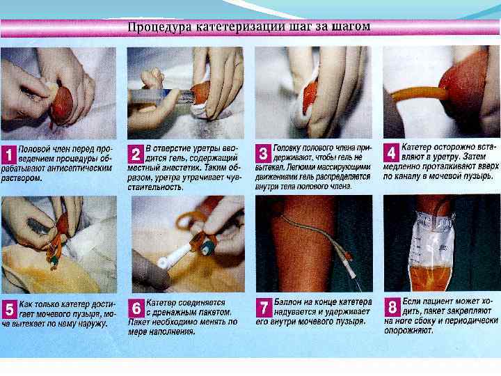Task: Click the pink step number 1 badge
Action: [x=9, y=155]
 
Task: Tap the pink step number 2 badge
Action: [x=136, y=155]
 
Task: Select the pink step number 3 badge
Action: [x=263, y=153]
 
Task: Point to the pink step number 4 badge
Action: [x=391, y=152]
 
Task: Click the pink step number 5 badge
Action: [x=10, y=309]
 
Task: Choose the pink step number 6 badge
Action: [x=136, y=308]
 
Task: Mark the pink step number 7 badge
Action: [x=264, y=308]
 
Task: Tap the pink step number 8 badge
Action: [x=392, y=307]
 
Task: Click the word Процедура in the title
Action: [x=159, y=27]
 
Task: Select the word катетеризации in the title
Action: [x=240, y=26]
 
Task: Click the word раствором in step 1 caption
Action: [x=22, y=178]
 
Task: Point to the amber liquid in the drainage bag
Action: [x=430, y=278]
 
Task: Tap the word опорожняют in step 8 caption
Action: [x=408, y=330]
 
